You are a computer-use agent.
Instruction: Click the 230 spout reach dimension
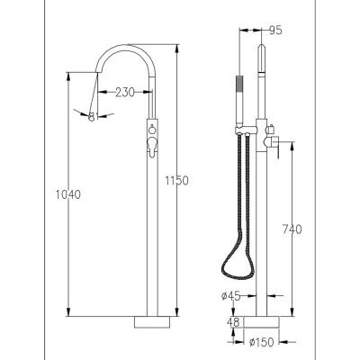click(x=125, y=92)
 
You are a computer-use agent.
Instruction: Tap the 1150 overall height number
click(x=176, y=181)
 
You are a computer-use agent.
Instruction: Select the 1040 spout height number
click(x=68, y=194)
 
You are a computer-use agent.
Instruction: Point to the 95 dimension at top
click(x=275, y=31)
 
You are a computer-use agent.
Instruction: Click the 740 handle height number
click(x=292, y=229)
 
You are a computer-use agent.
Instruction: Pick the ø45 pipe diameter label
click(x=231, y=296)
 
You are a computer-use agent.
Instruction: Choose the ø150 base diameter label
click(x=262, y=342)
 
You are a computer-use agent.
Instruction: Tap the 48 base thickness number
click(x=233, y=322)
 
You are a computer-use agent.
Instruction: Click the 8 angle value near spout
click(x=92, y=117)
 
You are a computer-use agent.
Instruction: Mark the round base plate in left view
click(x=152, y=322)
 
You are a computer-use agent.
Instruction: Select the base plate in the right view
click(x=262, y=322)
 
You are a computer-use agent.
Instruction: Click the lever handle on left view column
click(x=152, y=146)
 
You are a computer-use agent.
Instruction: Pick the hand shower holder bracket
click(x=246, y=130)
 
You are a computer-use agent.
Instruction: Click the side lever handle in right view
click(x=277, y=147)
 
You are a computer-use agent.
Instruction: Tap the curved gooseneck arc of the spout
click(x=126, y=48)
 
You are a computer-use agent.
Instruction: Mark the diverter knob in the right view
click(x=272, y=129)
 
